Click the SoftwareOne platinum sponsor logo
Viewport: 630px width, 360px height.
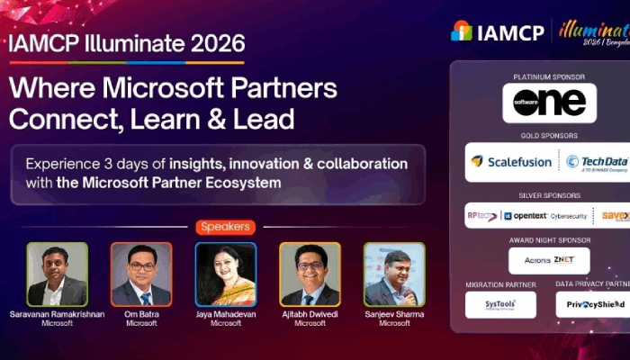(x=549, y=103)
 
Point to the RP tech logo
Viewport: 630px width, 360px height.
(x=481, y=216)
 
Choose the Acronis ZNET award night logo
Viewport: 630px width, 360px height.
(x=549, y=260)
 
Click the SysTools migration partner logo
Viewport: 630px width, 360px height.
(x=500, y=305)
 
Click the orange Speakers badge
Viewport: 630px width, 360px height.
(x=225, y=228)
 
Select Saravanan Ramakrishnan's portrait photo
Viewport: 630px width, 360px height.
(x=57, y=274)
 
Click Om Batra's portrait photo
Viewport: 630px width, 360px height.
(x=141, y=274)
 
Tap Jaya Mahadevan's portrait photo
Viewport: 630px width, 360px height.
(x=226, y=274)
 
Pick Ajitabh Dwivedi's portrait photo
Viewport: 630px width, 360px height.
(x=310, y=274)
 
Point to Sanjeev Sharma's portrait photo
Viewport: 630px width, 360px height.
(x=394, y=274)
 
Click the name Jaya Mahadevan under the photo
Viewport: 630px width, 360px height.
(x=226, y=314)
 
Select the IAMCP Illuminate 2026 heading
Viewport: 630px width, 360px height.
(x=126, y=43)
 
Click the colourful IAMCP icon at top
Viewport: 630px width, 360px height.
(x=462, y=31)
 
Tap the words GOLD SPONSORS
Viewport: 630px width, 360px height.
(x=549, y=136)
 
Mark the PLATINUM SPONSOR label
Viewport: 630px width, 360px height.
(x=549, y=76)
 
